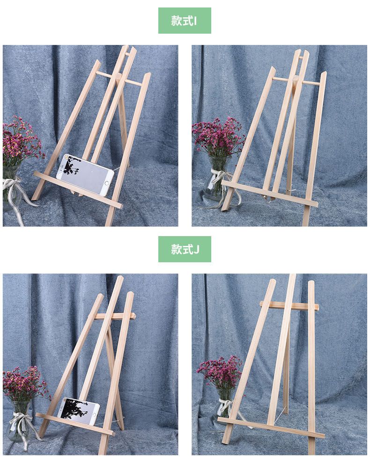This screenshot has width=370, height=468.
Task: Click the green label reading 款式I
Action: tap(185, 21)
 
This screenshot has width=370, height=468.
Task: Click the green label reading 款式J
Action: tap(185, 249)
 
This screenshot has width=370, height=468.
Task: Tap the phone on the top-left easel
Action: tap(85, 174)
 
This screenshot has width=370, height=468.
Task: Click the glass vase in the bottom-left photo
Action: tap(19, 421)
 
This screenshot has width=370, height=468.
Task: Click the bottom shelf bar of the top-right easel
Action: tap(270, 194)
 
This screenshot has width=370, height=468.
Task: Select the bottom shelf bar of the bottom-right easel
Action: tap(271, 427)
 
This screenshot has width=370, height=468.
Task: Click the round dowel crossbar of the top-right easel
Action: tap(296, 81)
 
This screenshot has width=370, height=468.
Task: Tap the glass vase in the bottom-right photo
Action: tap(224, 403)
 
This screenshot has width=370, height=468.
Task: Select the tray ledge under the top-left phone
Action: tap(78, 190)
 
